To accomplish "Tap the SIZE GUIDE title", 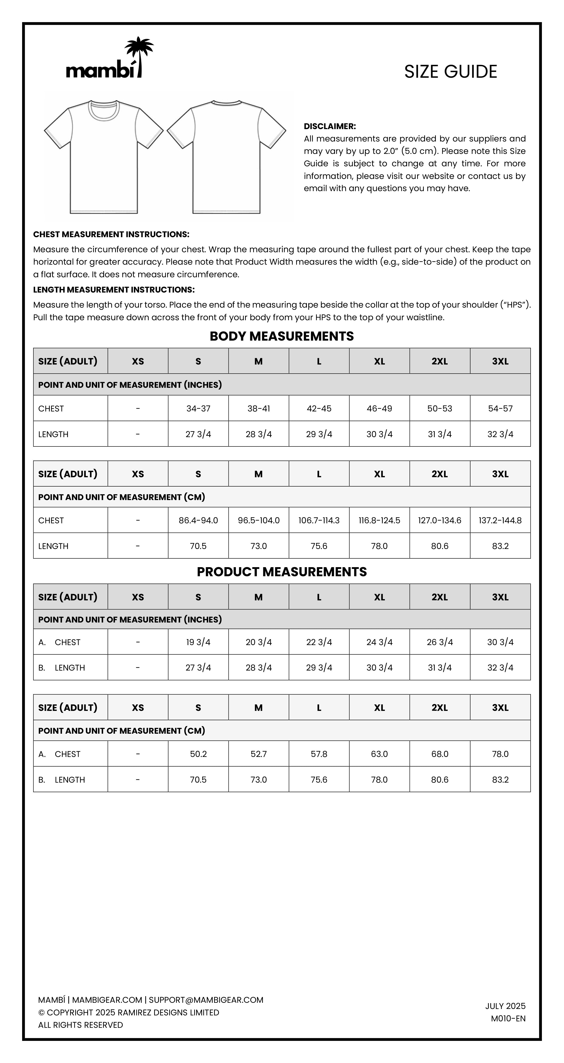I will [x=450, y=72].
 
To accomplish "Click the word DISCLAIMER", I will [x=329, y=126].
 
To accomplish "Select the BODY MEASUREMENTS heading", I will [x=282, y=336].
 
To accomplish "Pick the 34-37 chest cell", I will [x=198, y=409].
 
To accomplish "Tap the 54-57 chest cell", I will [x=500, y=409].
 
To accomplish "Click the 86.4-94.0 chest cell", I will [x=198, y=520].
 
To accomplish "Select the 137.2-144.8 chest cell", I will [x=500, y=520].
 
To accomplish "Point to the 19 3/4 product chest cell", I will [x=198, y=642].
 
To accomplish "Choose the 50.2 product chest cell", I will [x=198, y=754].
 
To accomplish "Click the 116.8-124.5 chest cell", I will [x=379, y=520].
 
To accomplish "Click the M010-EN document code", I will [x=508, y=1018].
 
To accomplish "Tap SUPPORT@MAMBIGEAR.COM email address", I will [x=206, y=1000].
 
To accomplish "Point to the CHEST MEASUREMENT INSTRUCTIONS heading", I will [x=111, y=234].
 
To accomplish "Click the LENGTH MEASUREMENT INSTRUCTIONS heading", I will [x=114, y=290].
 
